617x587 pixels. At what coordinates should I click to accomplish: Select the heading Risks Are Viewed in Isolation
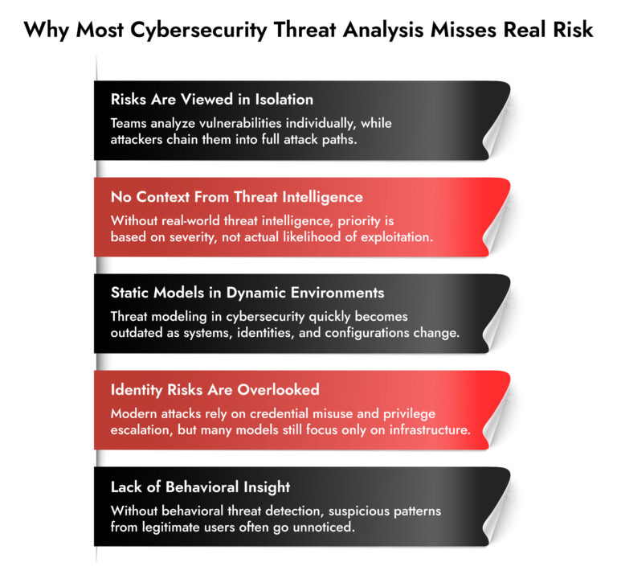[x=211, y=100]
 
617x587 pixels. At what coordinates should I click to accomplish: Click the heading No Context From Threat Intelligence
[x=236, y=196]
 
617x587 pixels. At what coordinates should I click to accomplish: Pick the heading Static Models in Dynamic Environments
[x=247, y=293]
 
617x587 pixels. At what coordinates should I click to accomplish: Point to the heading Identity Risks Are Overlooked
[x=215, y=389]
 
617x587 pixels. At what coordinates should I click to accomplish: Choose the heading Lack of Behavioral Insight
[x=200, y=486]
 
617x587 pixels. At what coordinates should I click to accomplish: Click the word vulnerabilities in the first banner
[x=273, y=124]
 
